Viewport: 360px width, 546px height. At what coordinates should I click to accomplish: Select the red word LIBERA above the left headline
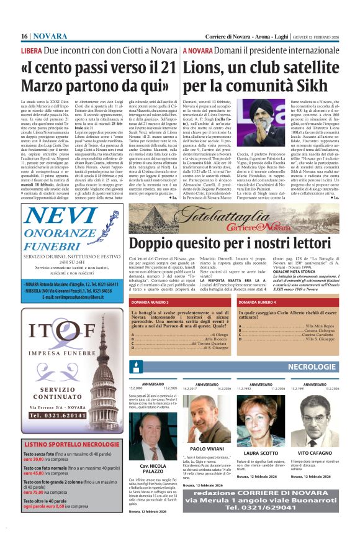point(32,50)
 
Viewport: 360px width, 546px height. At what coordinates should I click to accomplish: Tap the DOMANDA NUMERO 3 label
point(151,303)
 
